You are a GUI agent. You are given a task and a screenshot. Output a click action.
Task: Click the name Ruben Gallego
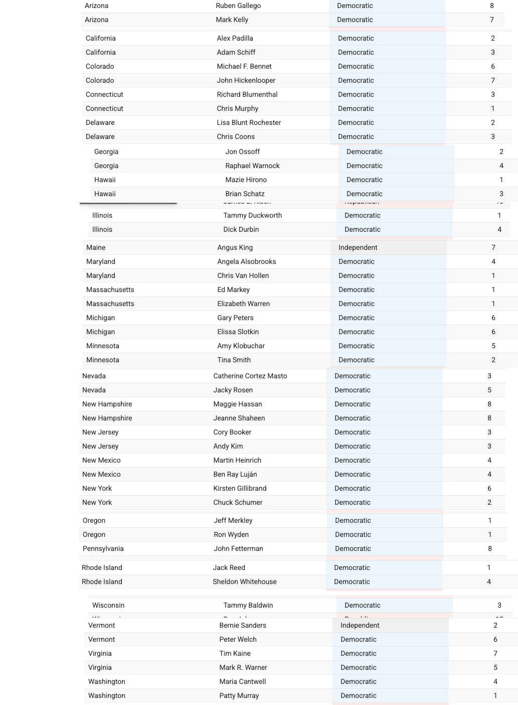click(238, 6)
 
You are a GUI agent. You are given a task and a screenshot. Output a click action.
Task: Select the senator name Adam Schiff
click(236, 52)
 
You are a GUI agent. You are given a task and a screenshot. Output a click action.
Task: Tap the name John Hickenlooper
click(246, 80)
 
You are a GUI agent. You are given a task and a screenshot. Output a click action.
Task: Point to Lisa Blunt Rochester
click(249, 122)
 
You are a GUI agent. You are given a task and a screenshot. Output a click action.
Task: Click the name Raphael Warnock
click(252, 166)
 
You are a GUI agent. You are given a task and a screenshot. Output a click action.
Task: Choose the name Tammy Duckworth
click(252, 215)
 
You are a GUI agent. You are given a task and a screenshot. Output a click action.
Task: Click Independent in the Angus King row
click(358, 247)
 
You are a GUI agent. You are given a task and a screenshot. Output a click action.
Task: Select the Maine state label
click(96, 247)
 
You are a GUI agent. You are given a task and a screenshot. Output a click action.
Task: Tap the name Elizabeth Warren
click(243, 304)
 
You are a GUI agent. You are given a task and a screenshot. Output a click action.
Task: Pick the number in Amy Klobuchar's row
click(493, 346)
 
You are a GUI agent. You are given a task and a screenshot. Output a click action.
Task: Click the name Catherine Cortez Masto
click(250, 376)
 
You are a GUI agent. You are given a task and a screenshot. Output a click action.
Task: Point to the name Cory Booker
click(232, 432)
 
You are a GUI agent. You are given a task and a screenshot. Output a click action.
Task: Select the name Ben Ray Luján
click(235, 474)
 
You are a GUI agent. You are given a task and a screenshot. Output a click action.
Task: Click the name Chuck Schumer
click(238, 502)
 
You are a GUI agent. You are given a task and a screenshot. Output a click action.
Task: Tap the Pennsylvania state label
click(103, 548)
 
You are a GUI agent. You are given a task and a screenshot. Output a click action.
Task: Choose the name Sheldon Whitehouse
click(244, 582)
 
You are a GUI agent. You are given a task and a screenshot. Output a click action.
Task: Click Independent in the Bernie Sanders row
click(360, 625)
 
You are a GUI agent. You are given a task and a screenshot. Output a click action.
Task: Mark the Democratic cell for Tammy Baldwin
click(362, 605)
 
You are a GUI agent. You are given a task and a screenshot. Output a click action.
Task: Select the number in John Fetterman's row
click(490, 548)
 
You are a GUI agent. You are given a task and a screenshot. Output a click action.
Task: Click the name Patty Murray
click(239, 695)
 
